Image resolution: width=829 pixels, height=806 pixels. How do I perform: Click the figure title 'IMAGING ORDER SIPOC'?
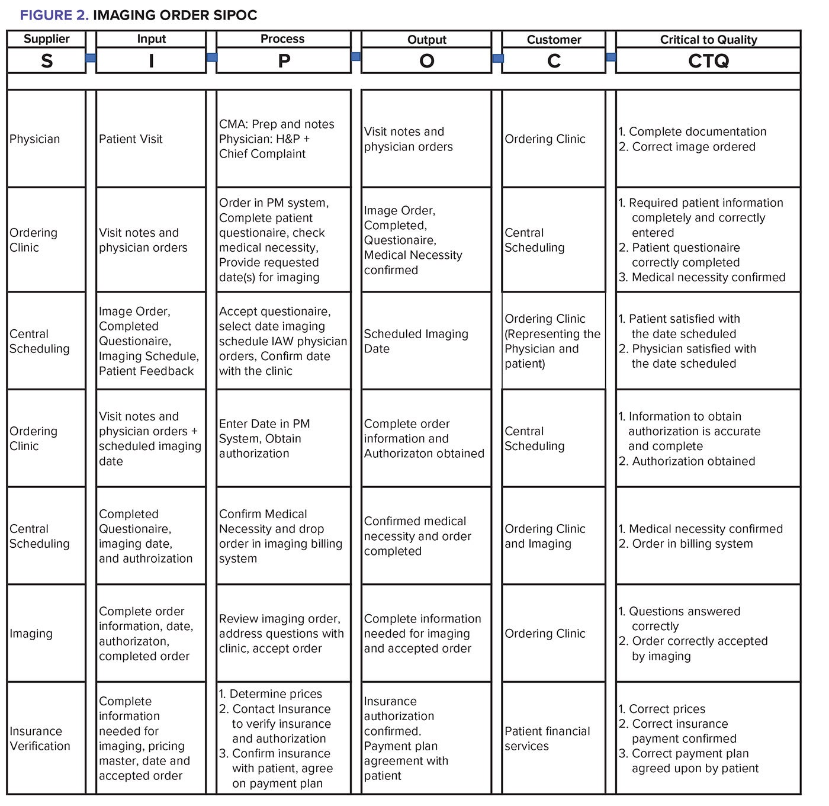[x=175, y=15]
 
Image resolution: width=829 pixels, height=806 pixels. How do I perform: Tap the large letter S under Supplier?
[x=46, y=61]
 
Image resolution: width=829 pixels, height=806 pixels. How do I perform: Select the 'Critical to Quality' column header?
[x=708, y=40]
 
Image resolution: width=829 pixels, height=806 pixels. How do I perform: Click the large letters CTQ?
[x=708, y=61]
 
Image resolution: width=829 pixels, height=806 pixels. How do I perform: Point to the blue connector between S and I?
[x=91, y=58]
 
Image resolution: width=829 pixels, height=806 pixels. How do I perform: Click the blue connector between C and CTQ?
[x=610, y=57]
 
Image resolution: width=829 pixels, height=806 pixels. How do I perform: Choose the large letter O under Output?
[x=426, y=61]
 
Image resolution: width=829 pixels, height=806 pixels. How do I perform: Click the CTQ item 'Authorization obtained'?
[x=693, y=461]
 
